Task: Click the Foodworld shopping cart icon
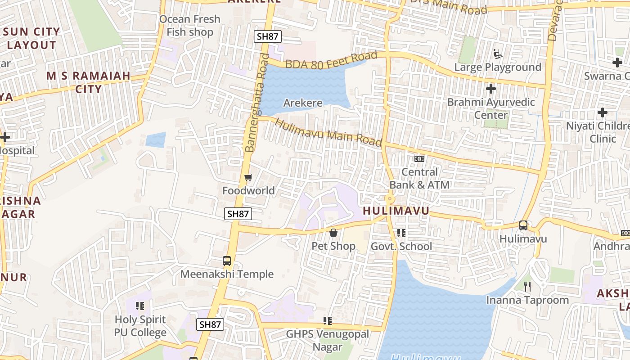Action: coord(248,178)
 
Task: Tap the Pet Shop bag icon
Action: coord(333,233)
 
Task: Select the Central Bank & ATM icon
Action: coord(419,159)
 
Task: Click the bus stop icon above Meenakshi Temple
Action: coord(227,261)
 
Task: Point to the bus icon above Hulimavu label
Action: coord(523,225)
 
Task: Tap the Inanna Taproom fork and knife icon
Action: coord(528,286)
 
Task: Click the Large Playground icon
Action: coord(498,54)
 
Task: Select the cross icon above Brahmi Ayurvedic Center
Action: coord(491,88)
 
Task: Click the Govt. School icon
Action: coord(401,233)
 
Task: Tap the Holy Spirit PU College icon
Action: coord(140,306)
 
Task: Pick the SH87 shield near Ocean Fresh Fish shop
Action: coord(267,36)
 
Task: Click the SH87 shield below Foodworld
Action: coord(238,214)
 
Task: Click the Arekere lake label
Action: coord(303,103)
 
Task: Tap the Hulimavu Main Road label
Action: coord(328,133)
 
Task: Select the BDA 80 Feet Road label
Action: coord(331,60)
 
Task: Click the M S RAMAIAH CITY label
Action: coord(89,82)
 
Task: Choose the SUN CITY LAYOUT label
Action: coord(31,38)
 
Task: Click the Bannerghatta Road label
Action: coord(256,103)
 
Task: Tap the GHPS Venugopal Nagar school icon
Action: coord(328,320)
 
